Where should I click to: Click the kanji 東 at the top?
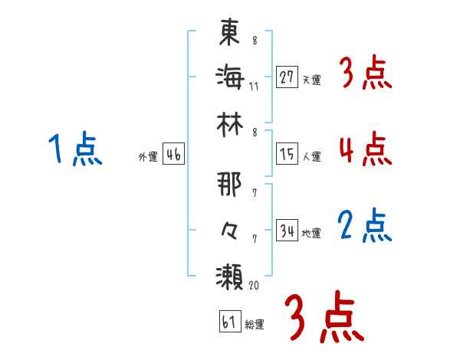point(230,32)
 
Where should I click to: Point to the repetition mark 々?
point(230,229)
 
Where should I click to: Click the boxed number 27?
point(287,77)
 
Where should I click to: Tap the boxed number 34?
point(287,231)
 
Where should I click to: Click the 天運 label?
point(311,80)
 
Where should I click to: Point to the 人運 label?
point(311,157)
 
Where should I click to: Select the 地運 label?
point(311,234)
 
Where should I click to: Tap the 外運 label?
point(148,157)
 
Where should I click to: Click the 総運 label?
point(255,324)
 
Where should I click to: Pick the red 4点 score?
point(365,149)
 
